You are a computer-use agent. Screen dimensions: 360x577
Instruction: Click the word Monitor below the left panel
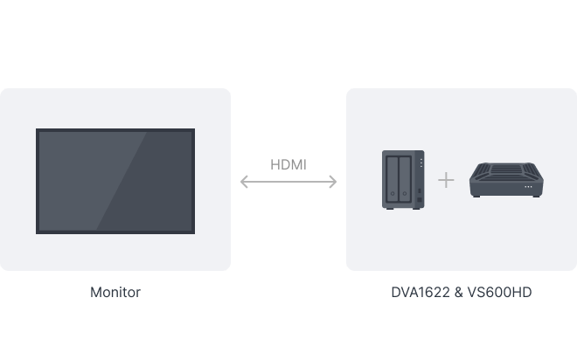click(x=115, y=293)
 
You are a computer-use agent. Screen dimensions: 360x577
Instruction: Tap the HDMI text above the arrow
click(x=288, y=164)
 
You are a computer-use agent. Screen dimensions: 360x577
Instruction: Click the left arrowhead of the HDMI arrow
click(x=244, y=182)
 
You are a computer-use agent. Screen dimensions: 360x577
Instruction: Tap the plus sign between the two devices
click(x=446, y=180)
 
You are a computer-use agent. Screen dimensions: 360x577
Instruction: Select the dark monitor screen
click(x=115, y=181)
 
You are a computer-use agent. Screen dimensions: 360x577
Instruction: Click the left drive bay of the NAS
click(x=393, y=179)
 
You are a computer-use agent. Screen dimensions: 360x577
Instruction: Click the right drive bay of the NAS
click(x=405, y=179)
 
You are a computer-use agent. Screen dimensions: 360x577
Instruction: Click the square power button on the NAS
click(x=421, y=191)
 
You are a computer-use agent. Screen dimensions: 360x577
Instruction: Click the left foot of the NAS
click(x=387, y=209)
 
